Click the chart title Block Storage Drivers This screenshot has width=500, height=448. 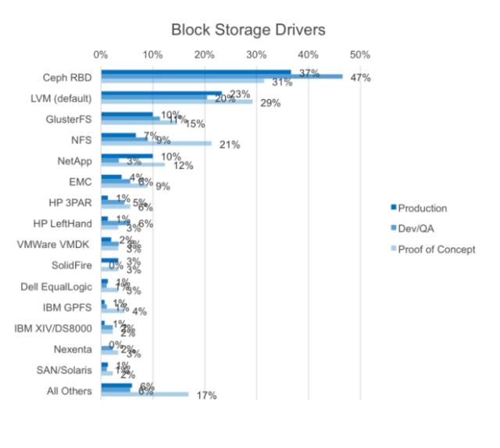248,30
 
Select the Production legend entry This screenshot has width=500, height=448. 422,208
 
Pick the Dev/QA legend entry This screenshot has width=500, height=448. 416,228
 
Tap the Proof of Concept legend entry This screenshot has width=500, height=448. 436,249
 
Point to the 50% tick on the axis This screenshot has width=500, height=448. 360,55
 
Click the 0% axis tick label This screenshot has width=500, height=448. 101,55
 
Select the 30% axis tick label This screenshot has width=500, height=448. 256,55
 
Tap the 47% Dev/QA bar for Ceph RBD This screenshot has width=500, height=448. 222,77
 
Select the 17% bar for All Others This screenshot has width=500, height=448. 145,394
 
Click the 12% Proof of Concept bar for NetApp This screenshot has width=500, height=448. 133,164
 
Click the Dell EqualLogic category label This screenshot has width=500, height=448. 57,286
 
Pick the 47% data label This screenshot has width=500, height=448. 360,77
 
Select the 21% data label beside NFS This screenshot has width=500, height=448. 229,145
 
